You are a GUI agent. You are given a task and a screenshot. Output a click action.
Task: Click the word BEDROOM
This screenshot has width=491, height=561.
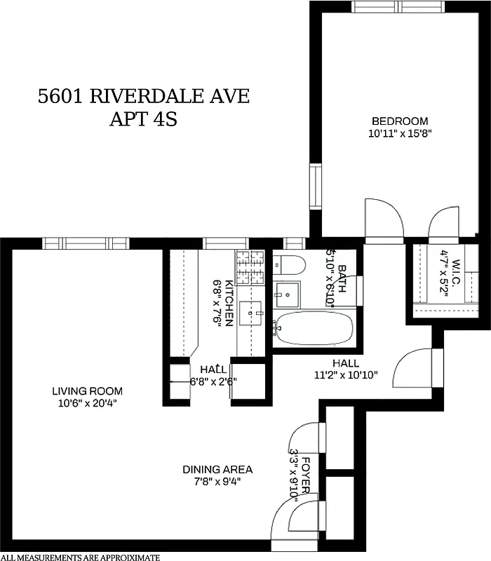coord(399,121)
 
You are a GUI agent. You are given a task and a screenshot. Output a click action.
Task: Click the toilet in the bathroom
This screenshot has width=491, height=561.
coord(289,264)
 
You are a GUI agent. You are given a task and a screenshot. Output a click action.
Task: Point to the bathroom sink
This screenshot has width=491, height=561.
coord(286,292)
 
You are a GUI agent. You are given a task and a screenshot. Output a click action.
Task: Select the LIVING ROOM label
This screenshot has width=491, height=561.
coord(88,391)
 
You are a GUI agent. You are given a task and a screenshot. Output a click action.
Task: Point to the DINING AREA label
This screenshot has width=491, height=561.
coord(217,469)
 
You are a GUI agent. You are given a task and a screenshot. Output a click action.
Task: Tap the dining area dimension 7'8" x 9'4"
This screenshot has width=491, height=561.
coord(217,481)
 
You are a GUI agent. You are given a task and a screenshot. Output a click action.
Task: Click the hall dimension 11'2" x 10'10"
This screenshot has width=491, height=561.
coord(346,374)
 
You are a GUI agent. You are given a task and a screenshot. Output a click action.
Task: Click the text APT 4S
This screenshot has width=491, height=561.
coord(143,119)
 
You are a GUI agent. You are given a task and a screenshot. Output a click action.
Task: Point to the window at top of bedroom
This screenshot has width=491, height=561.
coord(398,6)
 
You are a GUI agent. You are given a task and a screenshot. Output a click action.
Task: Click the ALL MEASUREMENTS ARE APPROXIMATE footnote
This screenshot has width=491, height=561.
coord(81,557)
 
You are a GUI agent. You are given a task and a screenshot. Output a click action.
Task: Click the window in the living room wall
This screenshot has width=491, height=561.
coord(79,243)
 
